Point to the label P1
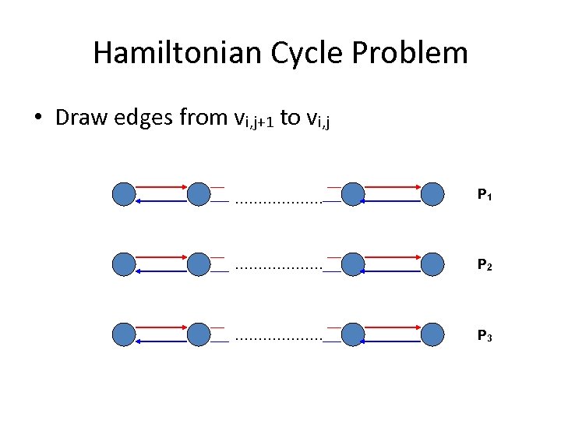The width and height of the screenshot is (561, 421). tap(484, 194)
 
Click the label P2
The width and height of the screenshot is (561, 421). tap(484, 265)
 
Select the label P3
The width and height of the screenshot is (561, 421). tap(484, 336)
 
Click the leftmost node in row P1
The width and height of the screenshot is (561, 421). tap(123, 194)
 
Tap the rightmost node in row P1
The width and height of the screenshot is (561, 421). tap(432, 194)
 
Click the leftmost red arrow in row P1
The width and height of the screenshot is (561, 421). tap(161, 187)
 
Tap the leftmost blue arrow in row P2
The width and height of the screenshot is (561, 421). tap(161, 271)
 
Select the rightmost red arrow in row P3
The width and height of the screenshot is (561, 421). tap(393, 328)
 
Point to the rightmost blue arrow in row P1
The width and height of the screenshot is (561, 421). tap(393, 201)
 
